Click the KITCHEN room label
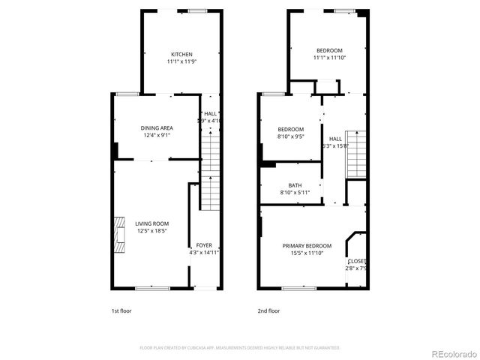pyautogui.click(x=181, y=54)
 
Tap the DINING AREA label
pyautogui.click(x=157, y=128)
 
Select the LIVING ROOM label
pyautogui.click(x=151, y=223)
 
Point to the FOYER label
pyautogui.click(x=204, y=245)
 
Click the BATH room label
pyautogui.click(x=295, y=185)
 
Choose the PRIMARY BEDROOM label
pyautogui.click(x=307, y=245)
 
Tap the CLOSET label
pyautogui.click(x=357, y=261)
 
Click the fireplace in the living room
pyautogui.click(x=118, y=232)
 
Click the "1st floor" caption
pyautogui.click(x=121, y=310)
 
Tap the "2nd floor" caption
pyautogui.click(x=268, y=310)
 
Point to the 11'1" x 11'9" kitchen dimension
pyautogui.click(x=181, y=61)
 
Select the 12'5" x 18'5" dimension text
pyautogui.click(x=151, y=230)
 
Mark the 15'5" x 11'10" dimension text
pyautogui.click(x=307, y=253)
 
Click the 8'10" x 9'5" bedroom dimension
pyautogui.click(x=290, y=136)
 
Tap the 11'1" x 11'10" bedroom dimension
pyautogui.click(x=329, y=58)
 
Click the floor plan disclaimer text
pyautogui.click(x=240, y=348)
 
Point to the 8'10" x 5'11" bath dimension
pyautogui.click(x=295, y=193)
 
